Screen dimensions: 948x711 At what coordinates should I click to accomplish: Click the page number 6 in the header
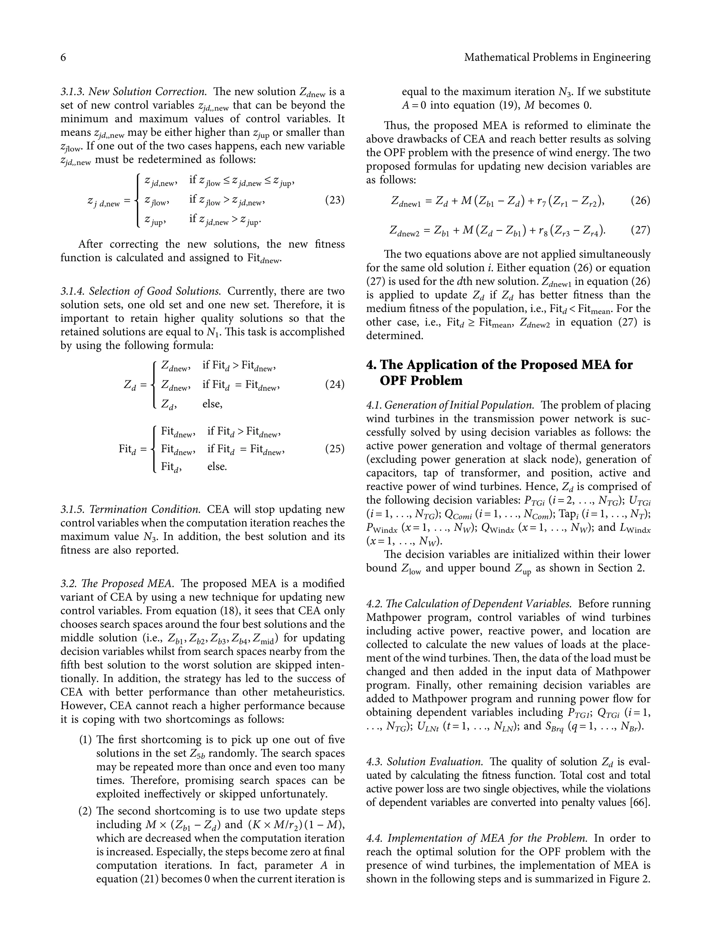click(63, 57)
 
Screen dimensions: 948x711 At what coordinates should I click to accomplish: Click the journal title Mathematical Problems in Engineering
click(557, 57)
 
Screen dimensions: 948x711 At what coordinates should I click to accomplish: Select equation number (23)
click(335, 200)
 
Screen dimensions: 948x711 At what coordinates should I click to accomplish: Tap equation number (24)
click(335, 384)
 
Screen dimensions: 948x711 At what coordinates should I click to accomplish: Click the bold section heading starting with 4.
click(499, 372)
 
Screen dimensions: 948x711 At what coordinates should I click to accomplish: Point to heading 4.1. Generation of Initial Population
click(450, 405)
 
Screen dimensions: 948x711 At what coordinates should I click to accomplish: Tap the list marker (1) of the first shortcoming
click(85, 740)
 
